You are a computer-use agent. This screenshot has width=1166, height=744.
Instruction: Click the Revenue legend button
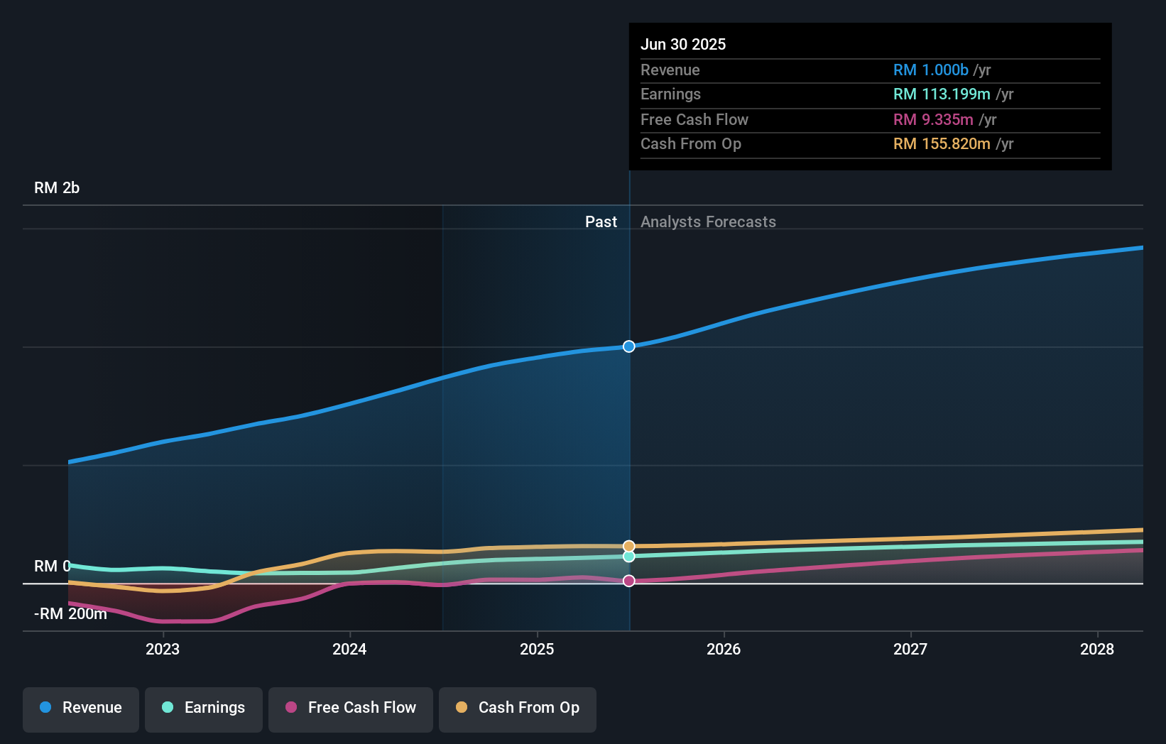point(81,708)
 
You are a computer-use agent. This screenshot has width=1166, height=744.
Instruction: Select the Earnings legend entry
point(204,708)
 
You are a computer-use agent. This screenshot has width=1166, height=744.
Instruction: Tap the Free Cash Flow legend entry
point(351,708)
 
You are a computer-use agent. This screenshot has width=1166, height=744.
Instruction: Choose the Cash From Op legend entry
point(518,708)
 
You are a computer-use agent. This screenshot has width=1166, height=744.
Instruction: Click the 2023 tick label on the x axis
point(163,649)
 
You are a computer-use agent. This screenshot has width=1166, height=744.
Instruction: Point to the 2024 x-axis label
point(349,649)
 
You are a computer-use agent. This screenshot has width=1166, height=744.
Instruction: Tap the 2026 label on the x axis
point(724,649)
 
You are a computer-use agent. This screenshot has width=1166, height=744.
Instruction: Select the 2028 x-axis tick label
point(1097,649)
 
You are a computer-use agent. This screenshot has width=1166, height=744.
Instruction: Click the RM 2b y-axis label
point(57,188)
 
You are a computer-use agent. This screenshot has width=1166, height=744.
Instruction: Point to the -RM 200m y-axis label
point(70,614)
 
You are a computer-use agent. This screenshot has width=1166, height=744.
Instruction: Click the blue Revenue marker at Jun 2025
point(629,346)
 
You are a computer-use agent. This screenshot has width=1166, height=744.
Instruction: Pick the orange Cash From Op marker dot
point(629,546)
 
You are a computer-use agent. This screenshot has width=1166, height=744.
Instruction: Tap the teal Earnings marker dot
point(629,557)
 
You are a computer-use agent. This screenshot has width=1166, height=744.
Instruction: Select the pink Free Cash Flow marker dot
point(629,581)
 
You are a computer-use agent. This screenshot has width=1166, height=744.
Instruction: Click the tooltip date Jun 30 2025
point(683,44)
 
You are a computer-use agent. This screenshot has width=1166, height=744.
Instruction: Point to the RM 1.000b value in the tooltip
point(930,70)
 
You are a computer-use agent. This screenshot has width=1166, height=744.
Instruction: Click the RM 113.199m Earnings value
point(942,94)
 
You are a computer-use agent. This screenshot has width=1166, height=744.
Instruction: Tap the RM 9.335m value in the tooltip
point(933,120)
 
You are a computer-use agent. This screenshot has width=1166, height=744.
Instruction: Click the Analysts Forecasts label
point(708,222)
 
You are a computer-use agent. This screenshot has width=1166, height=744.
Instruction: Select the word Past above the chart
point(601,222)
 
